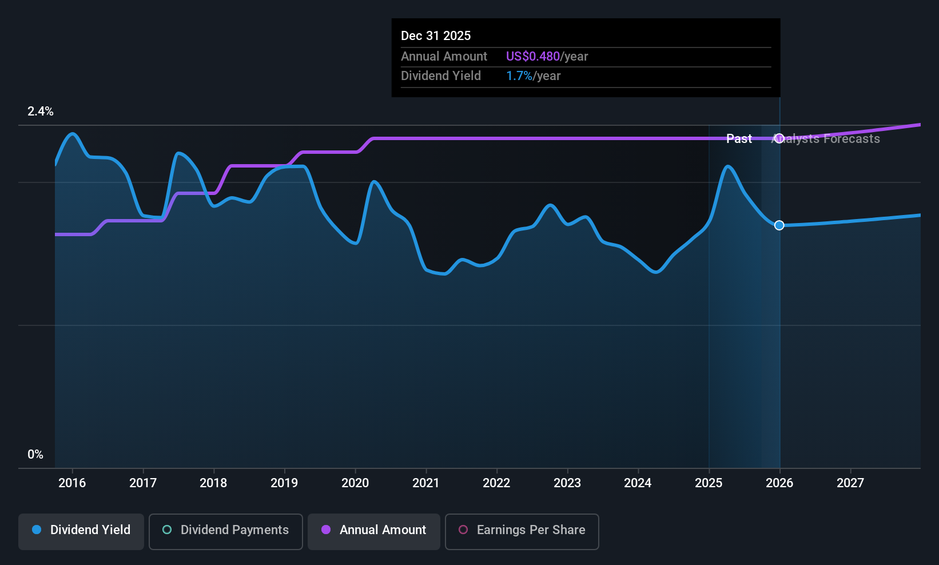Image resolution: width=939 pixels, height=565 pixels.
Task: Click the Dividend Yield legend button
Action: [x=81, y=530]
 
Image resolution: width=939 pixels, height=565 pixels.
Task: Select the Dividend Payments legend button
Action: [x=225, y=530]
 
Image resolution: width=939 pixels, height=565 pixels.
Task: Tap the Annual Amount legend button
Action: [x=374, y=530]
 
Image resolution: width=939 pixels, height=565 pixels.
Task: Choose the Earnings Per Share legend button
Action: [x=522, y=530]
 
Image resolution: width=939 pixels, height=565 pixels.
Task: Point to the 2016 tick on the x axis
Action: [x=72, y=483]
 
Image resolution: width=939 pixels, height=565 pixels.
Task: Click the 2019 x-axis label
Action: [x=284, y=483]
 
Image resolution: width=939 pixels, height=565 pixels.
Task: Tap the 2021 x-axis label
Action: [x=426, y=483]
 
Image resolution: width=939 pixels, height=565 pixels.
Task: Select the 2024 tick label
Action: [x=638, y=483]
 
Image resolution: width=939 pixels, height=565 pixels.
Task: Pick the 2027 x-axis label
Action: [x=850, y=483]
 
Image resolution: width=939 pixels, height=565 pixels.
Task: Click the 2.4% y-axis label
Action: [x=41, y=112]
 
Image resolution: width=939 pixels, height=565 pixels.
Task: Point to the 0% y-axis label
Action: [x=35, y=455]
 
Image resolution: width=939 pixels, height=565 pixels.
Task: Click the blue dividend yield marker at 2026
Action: [x=779, y=225]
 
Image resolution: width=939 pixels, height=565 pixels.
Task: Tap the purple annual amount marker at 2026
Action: [x=779, y=138]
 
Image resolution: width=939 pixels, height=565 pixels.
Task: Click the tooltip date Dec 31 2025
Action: [x=436, y=36]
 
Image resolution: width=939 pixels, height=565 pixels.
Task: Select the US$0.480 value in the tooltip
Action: [x=533, y=57]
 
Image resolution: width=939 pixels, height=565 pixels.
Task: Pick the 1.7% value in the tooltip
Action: [x=519, y=76]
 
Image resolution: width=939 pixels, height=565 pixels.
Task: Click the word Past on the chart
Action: [x=739, y=139]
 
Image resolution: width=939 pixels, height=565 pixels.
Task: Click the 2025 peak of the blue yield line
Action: [x=727, y=166]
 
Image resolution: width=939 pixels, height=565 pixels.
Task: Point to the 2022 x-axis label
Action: [x=496, y=483]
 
